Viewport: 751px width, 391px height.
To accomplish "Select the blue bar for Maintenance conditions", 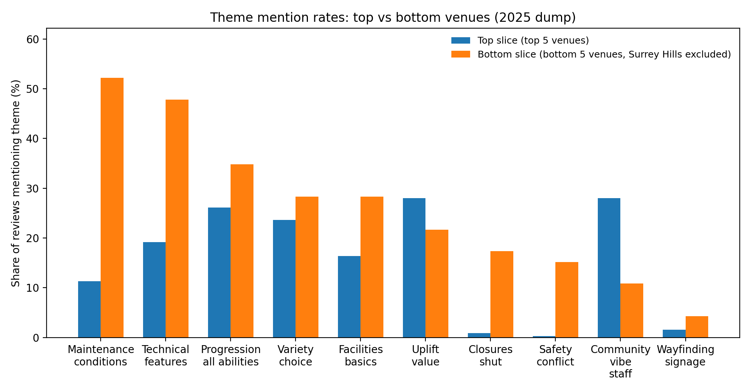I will pos(89,309).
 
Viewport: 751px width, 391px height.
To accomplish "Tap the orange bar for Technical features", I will pos(177,218).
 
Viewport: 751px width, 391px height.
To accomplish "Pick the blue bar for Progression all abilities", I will pos(219,272).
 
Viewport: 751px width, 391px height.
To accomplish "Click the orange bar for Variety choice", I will pos(307,267).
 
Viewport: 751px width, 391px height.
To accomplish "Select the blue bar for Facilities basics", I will pos(349,297).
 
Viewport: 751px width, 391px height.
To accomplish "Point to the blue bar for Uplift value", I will pos(414,268).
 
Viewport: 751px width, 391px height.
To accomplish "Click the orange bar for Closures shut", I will pos(502,294).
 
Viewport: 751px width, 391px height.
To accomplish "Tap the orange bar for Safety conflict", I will pos(567,300).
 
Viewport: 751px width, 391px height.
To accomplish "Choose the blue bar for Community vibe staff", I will pos(609,268).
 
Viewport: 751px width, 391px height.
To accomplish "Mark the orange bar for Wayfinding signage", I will pos(697,327).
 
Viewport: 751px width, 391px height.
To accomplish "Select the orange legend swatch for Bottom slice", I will pos(460,54).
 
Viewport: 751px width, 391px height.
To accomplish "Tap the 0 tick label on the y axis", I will pos(36,338).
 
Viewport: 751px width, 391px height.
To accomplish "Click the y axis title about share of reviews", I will pos(15,183).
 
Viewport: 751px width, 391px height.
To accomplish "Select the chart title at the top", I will pos(393,18).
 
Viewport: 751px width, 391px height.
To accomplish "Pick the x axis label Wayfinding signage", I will pos(685,355).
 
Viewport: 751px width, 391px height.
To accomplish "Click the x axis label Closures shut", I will pos(490,355).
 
